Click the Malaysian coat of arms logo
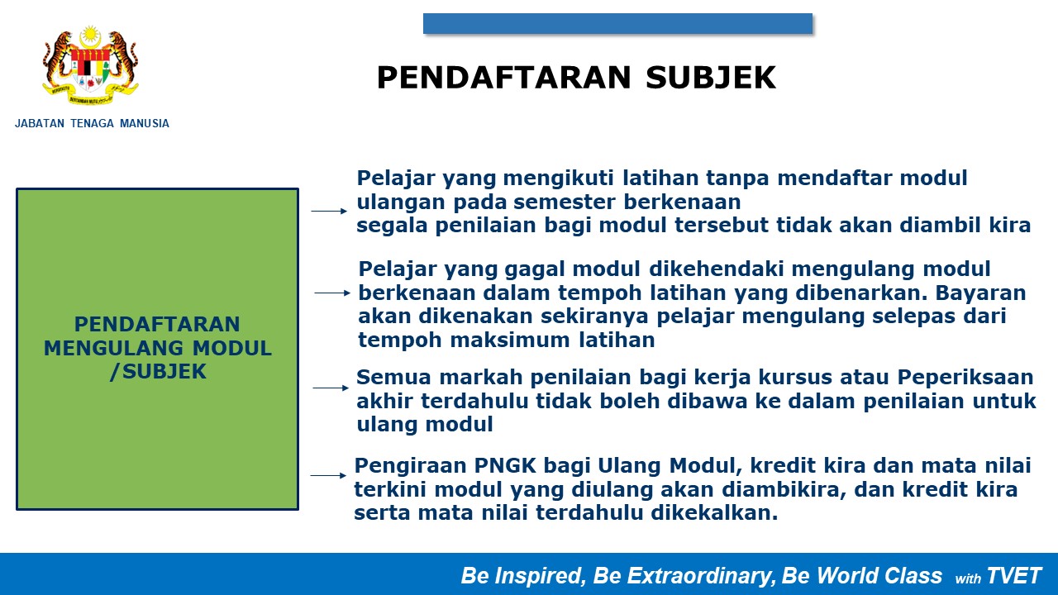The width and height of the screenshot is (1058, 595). pos(91,65)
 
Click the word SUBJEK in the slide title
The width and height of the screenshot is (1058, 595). pos(711,78)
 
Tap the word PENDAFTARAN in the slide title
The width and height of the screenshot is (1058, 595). pos(503,78)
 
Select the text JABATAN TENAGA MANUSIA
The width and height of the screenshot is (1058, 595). pos(92,124)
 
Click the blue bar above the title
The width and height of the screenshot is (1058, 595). pos(617,24)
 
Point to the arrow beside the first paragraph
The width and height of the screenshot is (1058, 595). pos(329,211)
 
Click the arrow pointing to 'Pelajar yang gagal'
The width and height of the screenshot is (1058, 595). pos(332,293)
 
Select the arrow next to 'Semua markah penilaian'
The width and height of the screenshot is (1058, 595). pos(331,388)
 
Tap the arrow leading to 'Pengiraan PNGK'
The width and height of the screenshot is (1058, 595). pos(328,475)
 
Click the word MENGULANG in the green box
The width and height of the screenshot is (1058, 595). pos(113,349)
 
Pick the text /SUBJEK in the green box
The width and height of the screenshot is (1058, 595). pos(158,372)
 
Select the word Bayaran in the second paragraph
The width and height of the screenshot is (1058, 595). pos(980,293)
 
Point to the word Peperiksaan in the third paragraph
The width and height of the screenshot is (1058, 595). pos(965,378)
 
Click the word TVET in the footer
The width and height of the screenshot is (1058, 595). pos(1013,576)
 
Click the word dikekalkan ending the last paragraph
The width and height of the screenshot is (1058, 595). pos(714,513)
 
